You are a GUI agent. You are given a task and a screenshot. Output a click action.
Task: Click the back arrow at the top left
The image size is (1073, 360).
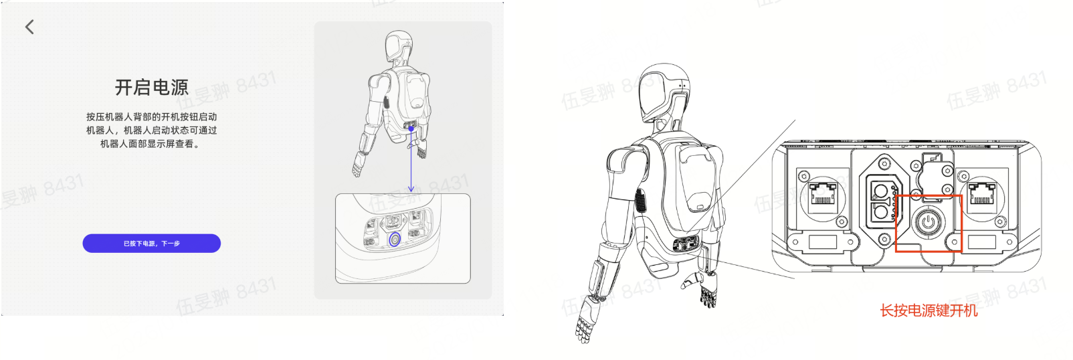[x=29, y=27]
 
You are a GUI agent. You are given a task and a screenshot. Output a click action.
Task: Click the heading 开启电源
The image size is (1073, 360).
[x=152, y=87]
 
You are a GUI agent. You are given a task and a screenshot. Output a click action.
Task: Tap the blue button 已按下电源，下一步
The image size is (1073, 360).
[x=152, y=244]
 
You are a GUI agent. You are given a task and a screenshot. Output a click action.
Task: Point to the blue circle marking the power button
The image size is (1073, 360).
[x=395, y=239]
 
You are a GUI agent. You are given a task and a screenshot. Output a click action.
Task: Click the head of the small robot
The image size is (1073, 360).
[x=399, y=46]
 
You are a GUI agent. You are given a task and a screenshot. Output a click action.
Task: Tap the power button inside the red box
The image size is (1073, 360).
[x=928, y=223]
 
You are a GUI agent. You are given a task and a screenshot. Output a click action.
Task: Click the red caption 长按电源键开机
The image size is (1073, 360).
[x=929, y=310]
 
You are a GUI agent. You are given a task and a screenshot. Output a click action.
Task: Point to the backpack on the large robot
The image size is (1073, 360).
[x=696, y=181]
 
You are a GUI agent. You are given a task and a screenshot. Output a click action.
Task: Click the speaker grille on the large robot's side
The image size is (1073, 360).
[x=640, y=200]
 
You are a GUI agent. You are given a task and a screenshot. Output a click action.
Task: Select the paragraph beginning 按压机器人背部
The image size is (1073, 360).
[x=152, y=130]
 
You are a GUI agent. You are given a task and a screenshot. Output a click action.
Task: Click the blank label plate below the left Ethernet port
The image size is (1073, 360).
[x=822, y=242]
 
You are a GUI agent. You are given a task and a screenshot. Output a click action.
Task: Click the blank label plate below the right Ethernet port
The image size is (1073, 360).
[x=981, y=242]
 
